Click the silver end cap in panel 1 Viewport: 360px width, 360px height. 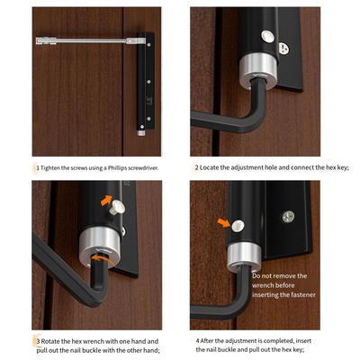(x=141, y=133)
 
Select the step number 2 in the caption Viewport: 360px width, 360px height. (x=197, y=167)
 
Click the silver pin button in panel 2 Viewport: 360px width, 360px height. (x=267, y=37)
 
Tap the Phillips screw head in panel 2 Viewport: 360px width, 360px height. (x=283, y=49)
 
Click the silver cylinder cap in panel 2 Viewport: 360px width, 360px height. (x=258, y=71)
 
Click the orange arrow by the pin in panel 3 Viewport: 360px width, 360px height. (x=106, y=200)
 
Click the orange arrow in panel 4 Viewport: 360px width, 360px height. (x=223, y=222)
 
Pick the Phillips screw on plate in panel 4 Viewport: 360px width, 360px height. (x=288, y=217)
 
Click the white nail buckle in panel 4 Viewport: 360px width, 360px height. (x=238, y=226)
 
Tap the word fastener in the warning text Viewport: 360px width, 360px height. (x=301, y=295)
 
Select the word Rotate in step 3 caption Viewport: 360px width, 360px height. (x=50, y=341)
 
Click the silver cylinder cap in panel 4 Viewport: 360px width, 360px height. (x=244, y=256)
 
